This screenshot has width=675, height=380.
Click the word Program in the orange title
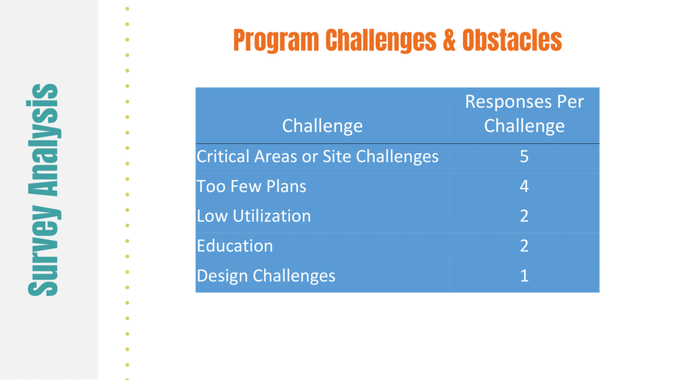point(276,40)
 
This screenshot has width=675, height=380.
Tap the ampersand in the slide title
point(449,40)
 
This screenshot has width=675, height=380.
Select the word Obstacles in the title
point(512,40)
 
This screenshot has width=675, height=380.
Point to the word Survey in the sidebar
point(43,250)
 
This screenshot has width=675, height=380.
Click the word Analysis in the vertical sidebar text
point(43,140)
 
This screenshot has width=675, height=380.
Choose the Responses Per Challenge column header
point(524,113)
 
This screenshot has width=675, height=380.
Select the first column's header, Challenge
point(322,126)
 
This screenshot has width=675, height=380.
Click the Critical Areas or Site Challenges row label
point(317,156)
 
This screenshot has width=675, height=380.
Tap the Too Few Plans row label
point(251,186)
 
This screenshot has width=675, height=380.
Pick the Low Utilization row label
point(254,216)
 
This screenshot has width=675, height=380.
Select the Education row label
point(235,245)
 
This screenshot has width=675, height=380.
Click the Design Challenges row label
point(266,276)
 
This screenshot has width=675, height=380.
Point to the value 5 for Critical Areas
point(524,156)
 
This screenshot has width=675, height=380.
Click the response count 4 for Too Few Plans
point(524,186)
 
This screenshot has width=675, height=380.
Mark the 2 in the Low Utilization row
point(524,216)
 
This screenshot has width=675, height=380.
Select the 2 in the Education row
point(524,245)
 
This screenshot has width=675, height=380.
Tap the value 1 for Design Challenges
point(524,276)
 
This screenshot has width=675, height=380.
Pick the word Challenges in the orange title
point(380,40)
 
